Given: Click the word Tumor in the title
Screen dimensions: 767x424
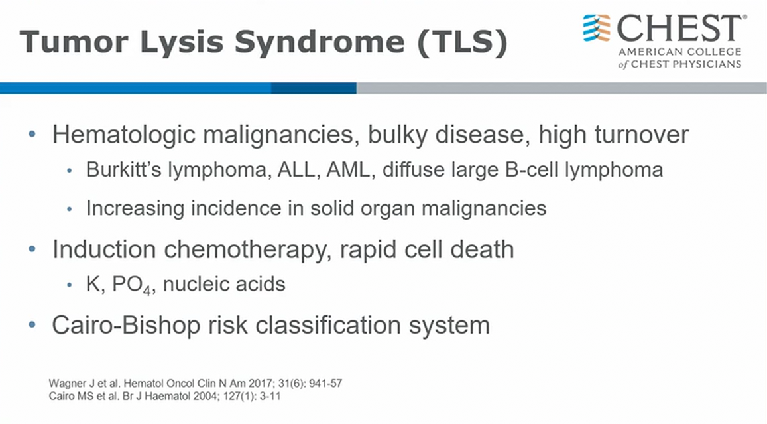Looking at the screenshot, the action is click(x=74, y=42).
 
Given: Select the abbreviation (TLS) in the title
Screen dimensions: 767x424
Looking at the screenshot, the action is click(x=463, y=42).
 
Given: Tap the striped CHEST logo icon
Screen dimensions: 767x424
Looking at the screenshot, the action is click(x=597, y=28).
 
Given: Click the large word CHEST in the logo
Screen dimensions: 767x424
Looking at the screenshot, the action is click(x=681, y=29).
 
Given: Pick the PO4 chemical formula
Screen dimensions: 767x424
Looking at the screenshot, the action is click(x=131, y=285).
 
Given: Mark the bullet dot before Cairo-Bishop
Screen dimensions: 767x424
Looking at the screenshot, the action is click(x=32, y=324).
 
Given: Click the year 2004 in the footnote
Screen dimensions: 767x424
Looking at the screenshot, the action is click(x=206, y=396).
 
